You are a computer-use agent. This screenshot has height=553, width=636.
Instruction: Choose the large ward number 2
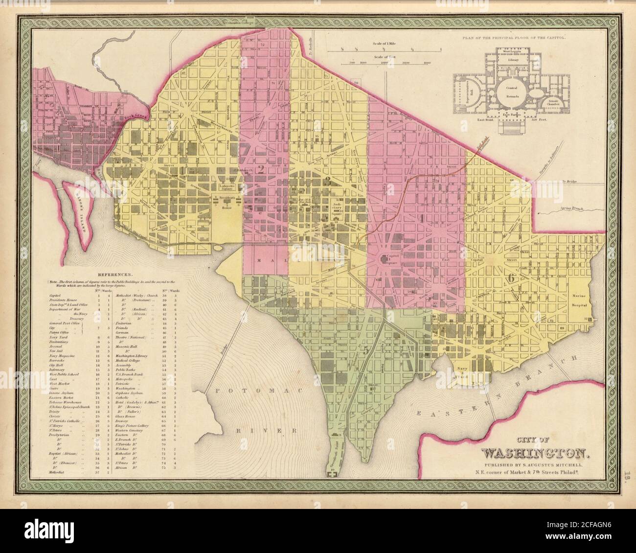click(x=261, y=170)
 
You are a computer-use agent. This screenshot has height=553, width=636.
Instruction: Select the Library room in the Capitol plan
click(x=512, y=60)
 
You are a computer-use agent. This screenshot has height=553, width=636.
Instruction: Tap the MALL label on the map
click(x=269, y=260)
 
